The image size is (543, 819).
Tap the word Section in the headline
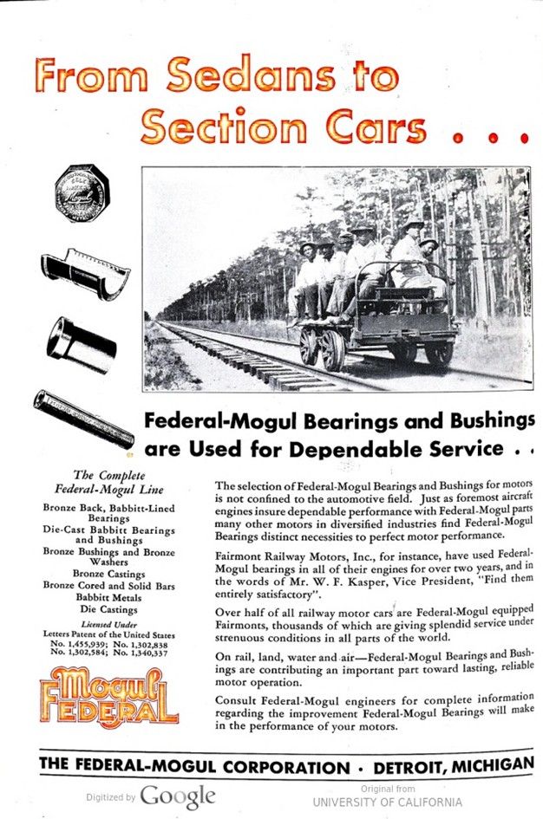pos(228,127)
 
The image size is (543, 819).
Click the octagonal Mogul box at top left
pos(81,192)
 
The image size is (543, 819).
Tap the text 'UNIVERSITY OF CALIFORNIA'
pos(387,802)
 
